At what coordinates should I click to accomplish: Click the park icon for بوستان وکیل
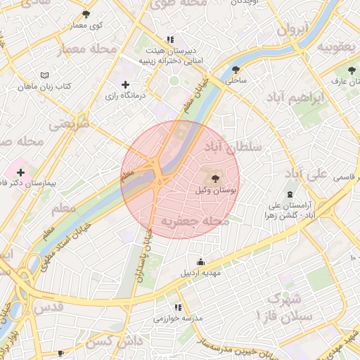(214, 179)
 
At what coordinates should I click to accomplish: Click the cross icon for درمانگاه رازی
(126, 84)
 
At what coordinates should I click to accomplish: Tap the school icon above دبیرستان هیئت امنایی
(169, 40)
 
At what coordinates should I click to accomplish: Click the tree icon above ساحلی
(236, 70)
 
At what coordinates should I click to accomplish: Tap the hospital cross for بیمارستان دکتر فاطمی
(20, 172)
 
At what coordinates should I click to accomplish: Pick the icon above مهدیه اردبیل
(201, 262)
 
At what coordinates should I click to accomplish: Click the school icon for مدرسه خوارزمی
(177, 307)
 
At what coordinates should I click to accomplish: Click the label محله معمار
(94, 49)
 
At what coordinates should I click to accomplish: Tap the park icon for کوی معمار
(86, 14)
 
